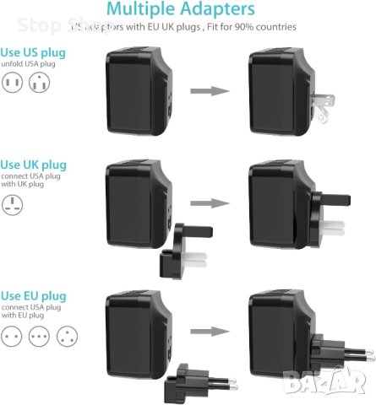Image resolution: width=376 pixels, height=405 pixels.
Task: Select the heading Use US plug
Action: [x=33, y=52]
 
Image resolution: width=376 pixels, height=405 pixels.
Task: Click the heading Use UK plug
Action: [x=33, y=164]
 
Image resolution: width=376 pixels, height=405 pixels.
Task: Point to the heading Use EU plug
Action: [x=33, y=295]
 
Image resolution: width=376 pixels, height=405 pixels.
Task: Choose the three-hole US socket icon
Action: [x=39, y=84]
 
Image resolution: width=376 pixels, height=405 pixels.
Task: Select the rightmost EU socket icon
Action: [x=66, y=336]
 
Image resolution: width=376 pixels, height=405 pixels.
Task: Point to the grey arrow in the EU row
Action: [x=209, y=332]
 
